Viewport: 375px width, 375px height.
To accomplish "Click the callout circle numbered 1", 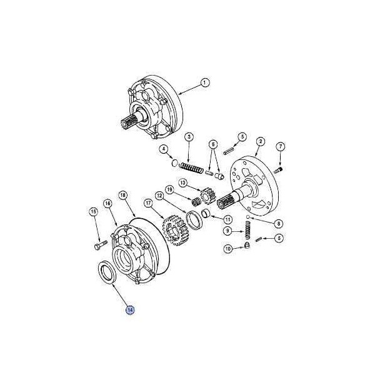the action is pos(204,82).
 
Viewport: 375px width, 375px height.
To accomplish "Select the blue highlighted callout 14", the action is pos(130,310).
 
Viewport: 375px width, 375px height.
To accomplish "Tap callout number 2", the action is pos(261,141).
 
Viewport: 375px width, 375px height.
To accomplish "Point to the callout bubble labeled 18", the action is pos(123,196).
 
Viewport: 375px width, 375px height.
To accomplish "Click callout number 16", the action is pos(108,203).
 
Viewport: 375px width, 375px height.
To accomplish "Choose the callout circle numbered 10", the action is pos(228,249).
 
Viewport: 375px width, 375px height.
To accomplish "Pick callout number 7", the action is pos(281,146).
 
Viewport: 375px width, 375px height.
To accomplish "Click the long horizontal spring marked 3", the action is pos(191,167).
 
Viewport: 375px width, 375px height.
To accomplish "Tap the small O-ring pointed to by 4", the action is pos(175,163).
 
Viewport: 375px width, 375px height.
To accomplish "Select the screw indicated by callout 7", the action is pos(279,170).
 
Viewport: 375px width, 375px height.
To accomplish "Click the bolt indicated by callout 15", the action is pos(101,246).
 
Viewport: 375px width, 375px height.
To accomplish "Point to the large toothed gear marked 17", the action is pos(176,230).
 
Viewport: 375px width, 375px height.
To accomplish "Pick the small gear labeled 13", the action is pos(208,196).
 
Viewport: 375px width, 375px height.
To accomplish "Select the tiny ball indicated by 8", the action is pos(248,217).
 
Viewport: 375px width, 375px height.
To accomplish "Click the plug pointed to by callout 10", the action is pos(247,245).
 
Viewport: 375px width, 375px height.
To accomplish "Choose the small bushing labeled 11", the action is pos(206,213).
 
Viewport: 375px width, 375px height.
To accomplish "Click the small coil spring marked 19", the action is pos(197,202).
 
